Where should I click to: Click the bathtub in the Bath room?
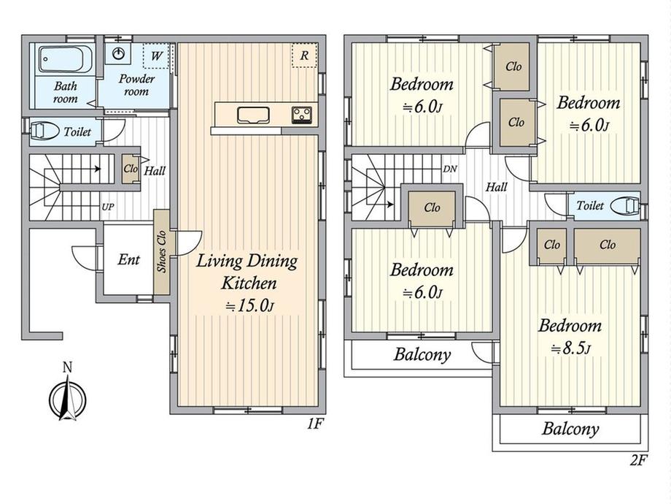66,59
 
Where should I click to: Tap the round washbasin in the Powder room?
119,53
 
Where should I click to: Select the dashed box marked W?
156,56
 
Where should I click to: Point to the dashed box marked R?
304,56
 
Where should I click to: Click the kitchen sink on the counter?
253,115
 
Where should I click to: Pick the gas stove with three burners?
302,115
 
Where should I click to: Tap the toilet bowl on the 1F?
44,131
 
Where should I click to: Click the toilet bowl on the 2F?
625,206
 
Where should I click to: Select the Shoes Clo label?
161,251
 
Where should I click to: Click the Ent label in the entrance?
129,259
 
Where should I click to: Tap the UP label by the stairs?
108,207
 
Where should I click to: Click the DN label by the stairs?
450,169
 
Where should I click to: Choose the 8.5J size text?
570,348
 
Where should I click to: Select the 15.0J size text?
249,305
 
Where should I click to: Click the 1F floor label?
314,424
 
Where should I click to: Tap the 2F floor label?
637,460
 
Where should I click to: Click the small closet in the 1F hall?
130,169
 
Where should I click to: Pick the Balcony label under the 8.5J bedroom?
570,429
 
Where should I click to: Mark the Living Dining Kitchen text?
247,272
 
